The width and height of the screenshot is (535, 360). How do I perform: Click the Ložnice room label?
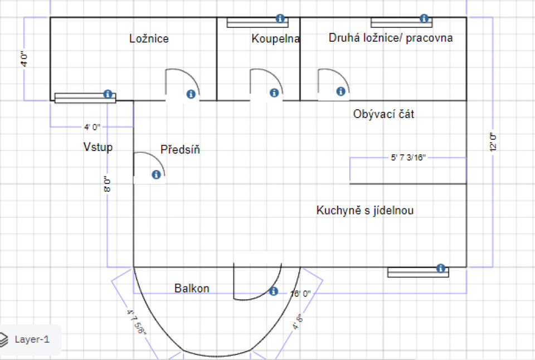pos(149,39)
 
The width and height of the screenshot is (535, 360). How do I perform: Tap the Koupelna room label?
pos(275,39)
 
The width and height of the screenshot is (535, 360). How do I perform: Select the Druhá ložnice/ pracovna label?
pos(390,38)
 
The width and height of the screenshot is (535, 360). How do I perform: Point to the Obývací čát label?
pos(383,114)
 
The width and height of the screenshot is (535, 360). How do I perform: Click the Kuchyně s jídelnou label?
pos(365,211)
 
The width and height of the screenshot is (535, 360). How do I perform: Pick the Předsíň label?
pos(180,150)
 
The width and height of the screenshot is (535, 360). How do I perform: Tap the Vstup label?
pos(98,147)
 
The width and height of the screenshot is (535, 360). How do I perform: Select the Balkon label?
pos(192,289)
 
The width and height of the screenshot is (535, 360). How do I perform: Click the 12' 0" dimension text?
pos(493,142)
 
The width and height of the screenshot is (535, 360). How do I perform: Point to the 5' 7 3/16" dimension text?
pos(408,158)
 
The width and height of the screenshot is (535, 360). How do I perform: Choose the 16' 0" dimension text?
pos(300,293)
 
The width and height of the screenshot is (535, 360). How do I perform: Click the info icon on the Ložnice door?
pos(191,94)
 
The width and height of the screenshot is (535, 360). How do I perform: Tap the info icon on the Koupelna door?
pos(274,93)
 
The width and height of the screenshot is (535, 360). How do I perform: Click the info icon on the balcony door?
pos(273,291)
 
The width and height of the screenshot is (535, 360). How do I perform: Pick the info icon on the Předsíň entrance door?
pos(156,175)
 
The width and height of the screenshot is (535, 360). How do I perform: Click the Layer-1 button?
pos(31,339)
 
